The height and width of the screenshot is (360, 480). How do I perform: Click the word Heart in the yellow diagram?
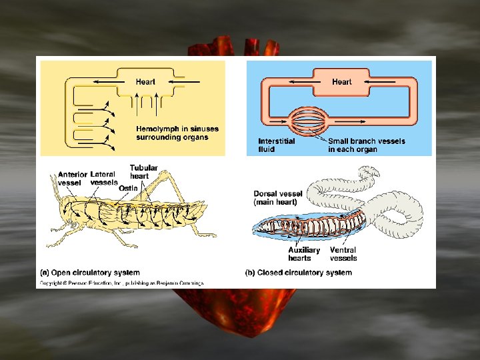[145, 82]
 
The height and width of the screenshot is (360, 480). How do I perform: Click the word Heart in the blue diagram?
[341, 82]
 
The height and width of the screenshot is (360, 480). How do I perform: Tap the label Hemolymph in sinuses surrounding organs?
[177, 133]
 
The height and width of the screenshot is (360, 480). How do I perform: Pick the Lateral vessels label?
[104, 178]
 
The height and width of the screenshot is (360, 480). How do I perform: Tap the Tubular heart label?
[143, 172]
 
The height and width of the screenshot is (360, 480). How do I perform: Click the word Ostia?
[128, 189]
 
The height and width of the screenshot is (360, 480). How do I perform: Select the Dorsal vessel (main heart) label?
[277, 197]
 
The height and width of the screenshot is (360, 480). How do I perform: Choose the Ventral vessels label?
[343, 254]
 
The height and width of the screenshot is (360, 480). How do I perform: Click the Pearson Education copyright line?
[120, 283]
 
